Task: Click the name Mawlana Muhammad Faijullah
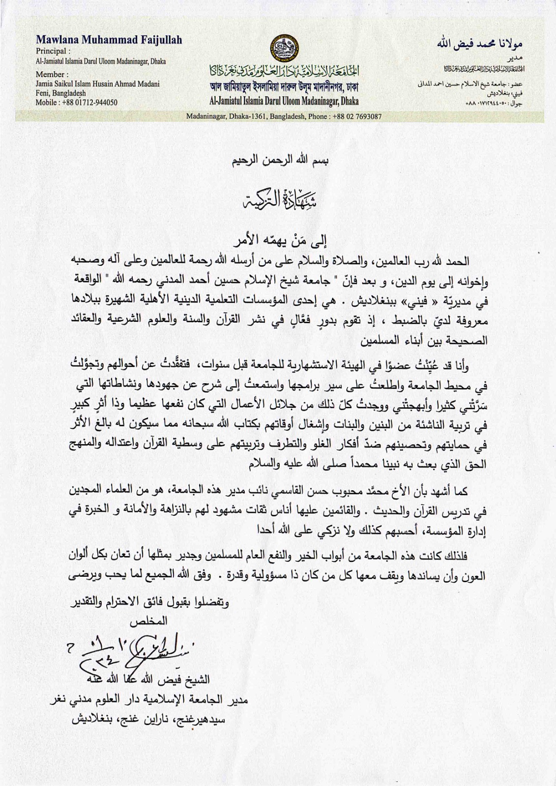[x=109, y=40]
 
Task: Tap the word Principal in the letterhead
[x=53, y=51]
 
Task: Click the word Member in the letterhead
[x=51, y=74]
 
